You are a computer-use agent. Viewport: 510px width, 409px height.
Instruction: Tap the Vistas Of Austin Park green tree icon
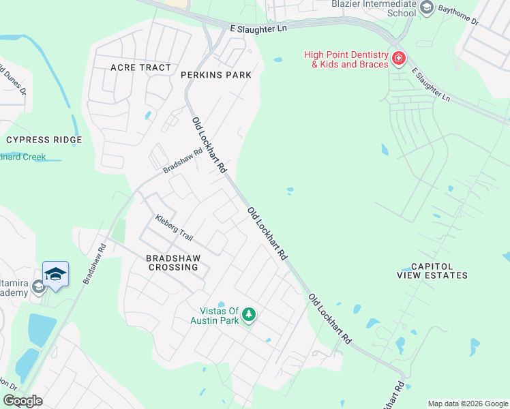tap(249, 314)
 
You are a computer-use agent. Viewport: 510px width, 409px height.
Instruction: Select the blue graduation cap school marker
tap(55, 275)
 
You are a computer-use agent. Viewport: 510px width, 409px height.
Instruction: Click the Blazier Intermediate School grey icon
tap(427, 8)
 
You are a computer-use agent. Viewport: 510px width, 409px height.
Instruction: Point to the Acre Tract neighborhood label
tap(141, 67)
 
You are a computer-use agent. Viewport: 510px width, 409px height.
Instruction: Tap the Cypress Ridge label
tap(44, 140)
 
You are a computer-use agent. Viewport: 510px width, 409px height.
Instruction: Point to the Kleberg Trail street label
tap(174, 228)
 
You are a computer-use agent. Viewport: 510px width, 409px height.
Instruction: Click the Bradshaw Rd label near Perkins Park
tap(183, 160)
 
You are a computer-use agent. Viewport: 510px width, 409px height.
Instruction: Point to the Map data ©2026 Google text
tap(467, 404)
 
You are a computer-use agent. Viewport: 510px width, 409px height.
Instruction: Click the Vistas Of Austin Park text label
tap(215, 315)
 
